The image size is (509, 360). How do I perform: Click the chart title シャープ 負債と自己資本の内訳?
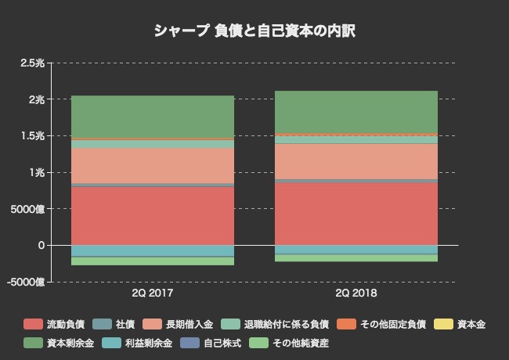(254, 31)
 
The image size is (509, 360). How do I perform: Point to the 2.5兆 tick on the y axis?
(32, 63)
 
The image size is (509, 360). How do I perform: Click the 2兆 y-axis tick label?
(36, 99)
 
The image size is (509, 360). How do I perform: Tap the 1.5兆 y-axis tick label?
(32, 136)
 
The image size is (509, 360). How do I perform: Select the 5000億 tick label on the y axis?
(29, 209)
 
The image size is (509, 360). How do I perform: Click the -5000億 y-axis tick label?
(27, 282)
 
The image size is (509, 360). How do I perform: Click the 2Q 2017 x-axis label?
(153, 293)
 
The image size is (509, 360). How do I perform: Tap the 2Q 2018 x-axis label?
(356, 293)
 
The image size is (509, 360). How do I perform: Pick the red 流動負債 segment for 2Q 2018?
(356, 213)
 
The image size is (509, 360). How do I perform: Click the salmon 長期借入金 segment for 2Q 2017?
(153, 165)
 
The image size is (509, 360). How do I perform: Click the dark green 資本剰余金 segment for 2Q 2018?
(356, 111)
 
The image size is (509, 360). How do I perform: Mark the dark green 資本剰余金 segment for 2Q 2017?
(153, 117)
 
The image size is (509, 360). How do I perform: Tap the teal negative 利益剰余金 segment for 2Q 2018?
(356, 250)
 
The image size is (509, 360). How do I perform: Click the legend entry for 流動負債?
(55, 324)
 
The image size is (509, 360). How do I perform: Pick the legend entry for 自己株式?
(210, 343)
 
